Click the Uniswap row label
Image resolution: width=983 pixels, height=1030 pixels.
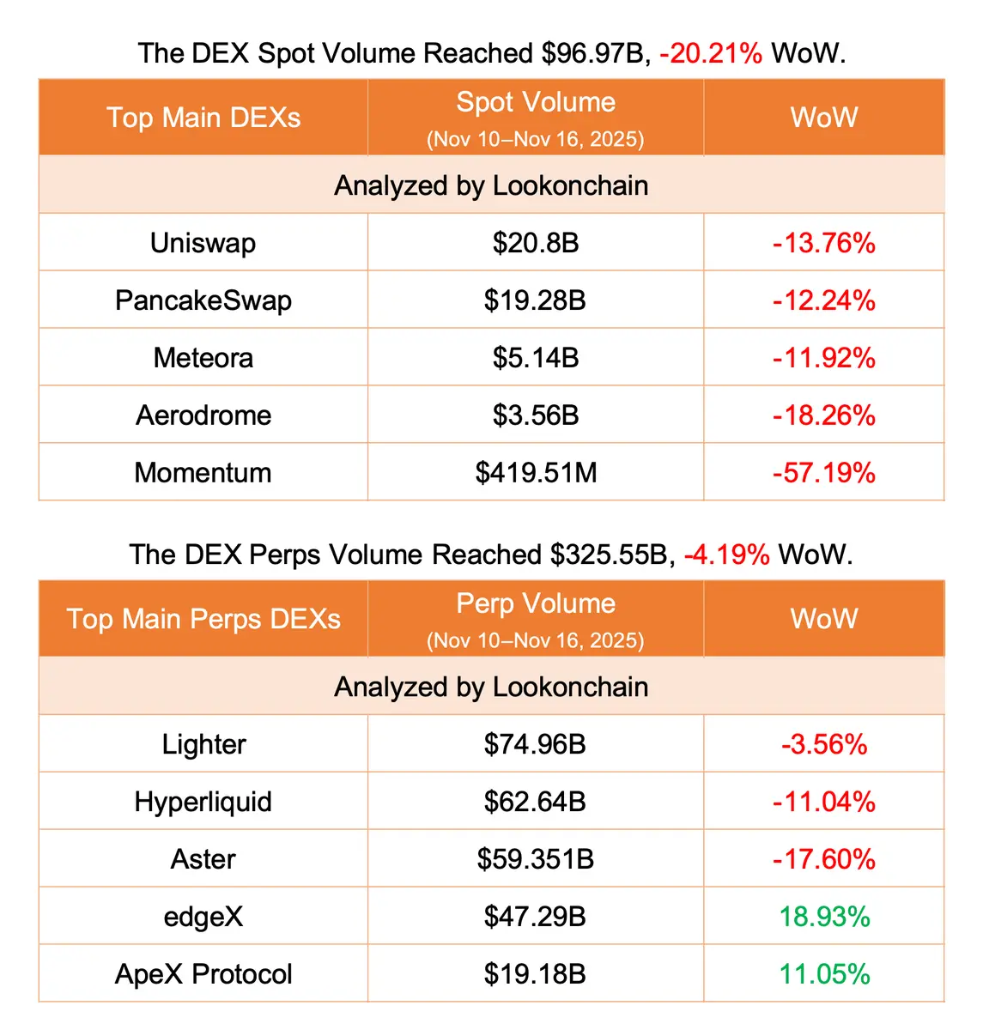(203, 243)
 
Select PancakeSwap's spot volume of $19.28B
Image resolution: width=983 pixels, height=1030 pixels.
(535, 300)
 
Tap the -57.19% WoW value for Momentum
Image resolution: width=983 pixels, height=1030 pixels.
(823, 472)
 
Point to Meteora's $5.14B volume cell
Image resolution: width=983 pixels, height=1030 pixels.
(535, 358)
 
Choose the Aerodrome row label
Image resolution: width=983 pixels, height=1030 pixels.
(203, 415)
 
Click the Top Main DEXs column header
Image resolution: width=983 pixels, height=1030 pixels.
(203, 118)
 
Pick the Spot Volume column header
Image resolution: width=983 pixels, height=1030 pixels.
(535, 103)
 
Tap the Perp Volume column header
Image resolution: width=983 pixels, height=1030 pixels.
(535, 604)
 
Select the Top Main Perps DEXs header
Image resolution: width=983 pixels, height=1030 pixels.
(203, 619)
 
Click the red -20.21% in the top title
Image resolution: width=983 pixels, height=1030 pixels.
(710, 53)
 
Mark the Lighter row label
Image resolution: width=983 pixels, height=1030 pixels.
(203, 744)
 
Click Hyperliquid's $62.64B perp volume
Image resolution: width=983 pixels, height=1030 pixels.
(535, 802)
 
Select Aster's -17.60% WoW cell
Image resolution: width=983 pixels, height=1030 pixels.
(823, 859)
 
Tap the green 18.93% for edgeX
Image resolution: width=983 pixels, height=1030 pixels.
(823, 917)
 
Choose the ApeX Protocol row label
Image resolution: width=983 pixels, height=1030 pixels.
(203, 974)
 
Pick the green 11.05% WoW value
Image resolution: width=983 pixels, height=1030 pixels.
(823, 974)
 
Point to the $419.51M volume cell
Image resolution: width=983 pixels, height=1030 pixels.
(535, 473)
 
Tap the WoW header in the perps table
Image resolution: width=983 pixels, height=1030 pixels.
(823, 619)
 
